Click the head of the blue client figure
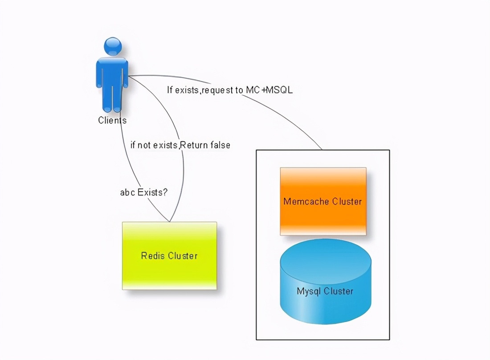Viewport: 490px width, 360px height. coord(112,46)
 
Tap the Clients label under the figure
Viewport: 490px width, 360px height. coord(112,120)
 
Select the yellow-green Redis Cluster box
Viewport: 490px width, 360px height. coord(169,256)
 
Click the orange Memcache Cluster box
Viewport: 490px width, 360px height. coord(323,201)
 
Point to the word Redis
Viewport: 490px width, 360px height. coord(151,256)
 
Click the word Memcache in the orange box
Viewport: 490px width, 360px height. coord(302,201)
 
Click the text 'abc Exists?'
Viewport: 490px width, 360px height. coord(144,192)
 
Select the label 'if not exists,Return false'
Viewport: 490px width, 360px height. coord(180,145)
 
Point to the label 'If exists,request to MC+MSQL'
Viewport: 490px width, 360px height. coord(229,90)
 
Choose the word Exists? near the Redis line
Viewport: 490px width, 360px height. coord(152,192)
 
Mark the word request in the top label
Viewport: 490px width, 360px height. coord(218,90)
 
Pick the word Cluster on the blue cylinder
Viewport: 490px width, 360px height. coord(339,291)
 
